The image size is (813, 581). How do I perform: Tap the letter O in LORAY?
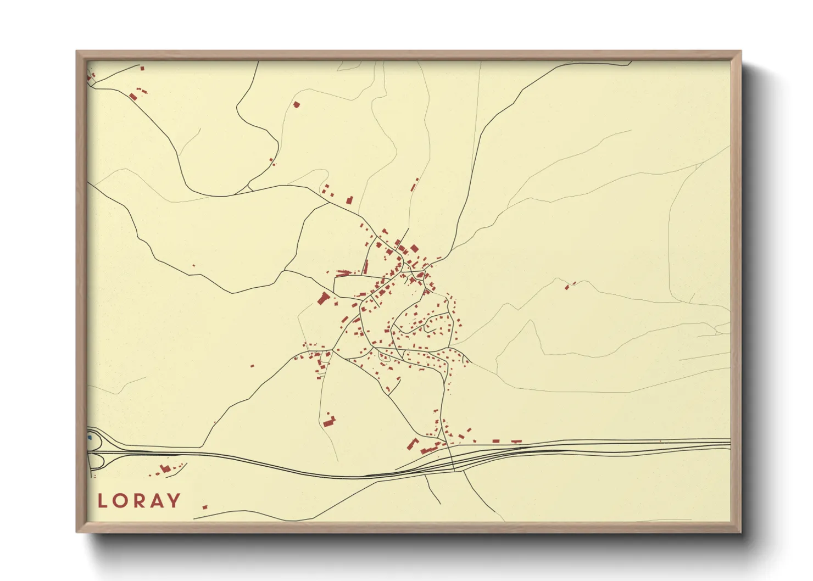pos(120,501)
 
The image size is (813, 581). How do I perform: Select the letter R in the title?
pos(140,501)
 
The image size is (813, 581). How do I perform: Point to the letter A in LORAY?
pos(157,501)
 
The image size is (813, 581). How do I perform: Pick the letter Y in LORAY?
pos(174,501)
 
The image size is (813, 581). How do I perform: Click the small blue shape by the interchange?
pos(90,438)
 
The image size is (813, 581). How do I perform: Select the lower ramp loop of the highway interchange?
pos(96,461)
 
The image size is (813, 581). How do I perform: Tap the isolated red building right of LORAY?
pos(205,507)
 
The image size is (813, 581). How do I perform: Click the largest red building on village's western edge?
pos(323,299)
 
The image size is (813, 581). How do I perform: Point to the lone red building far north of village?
pos(297,104)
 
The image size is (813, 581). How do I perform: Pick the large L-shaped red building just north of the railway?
pos(413,444)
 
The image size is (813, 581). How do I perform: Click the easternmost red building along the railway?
pos(516,441)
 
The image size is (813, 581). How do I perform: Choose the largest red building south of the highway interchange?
pos(164,468)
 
